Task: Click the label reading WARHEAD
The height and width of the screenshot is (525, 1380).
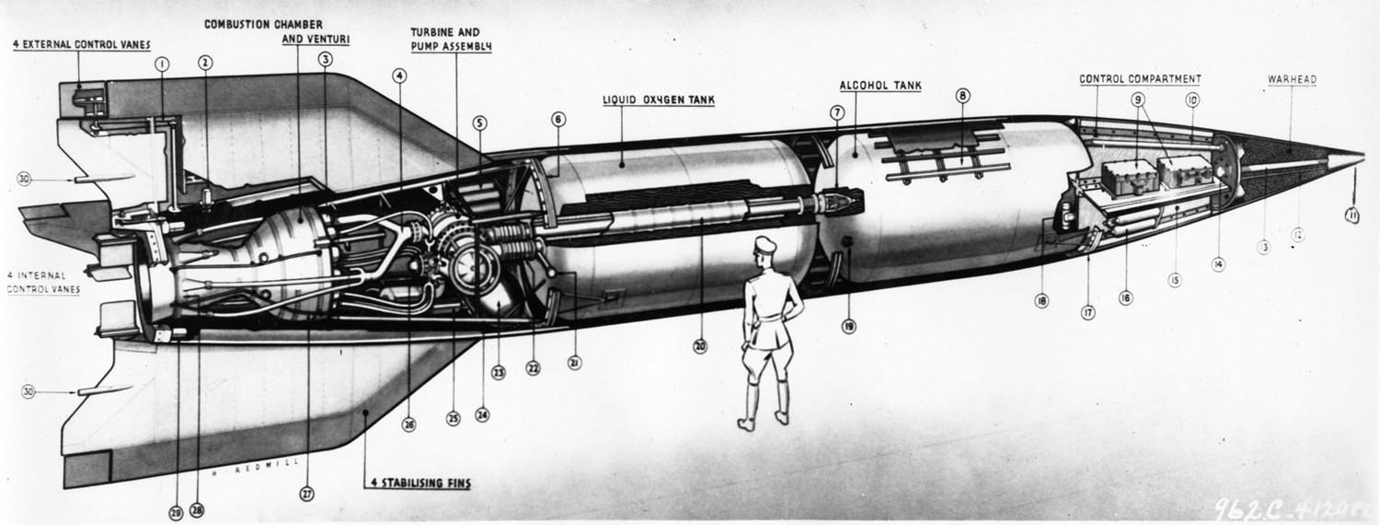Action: point(1292,80)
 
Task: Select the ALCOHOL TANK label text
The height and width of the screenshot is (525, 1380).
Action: point(880,86)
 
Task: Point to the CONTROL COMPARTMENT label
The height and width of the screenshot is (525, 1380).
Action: point(1140,79)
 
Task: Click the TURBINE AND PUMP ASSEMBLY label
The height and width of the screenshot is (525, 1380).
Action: point(451,39)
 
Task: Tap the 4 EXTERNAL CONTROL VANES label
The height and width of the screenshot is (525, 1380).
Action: point(82,43)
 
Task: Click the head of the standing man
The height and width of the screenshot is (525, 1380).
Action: point(765,248)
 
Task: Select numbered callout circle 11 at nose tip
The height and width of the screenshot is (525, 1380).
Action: point(1351,216)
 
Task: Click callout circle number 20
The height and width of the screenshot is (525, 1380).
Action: point(700,346)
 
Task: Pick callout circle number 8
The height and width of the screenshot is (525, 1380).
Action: point(962,95)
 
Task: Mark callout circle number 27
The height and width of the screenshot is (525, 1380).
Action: point(307,493)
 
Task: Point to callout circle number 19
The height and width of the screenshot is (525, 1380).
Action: point(848,325)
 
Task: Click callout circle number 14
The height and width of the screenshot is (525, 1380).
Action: point(1218,264)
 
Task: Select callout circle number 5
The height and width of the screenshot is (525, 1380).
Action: point(479,122)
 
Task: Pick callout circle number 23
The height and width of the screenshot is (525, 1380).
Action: point(498,373)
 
